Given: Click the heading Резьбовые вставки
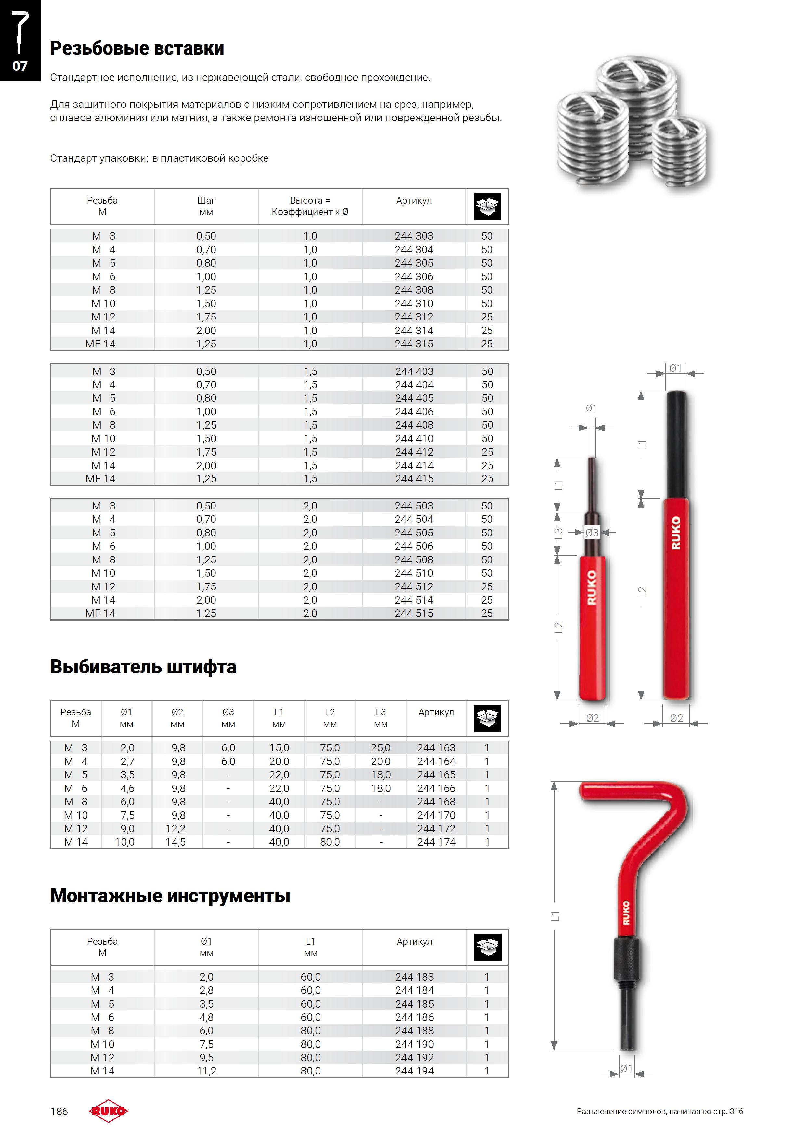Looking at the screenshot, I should pyautogui.click(x=137, y=48).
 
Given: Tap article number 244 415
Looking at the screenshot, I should pyautogui.click(x=414, y=478).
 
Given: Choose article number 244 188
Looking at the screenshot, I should pyautogui.click(x=414, y=1031).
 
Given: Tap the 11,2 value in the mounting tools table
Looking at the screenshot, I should pyautogui.click(x=206, y=1071).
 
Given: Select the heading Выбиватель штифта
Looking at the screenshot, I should pyautogui.click(x=143, y=667).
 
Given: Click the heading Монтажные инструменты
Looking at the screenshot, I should pyautogui.click(x=170, y=896).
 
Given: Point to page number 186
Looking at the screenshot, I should pyautogui.click(x=59, y=1111).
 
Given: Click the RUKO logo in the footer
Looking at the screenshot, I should pyautogui.click(x=108, y=1111).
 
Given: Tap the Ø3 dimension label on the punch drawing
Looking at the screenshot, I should pyautogui.click(x=592, y=533).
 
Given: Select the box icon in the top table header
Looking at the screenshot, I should pyautogui.click(x=487, y=207).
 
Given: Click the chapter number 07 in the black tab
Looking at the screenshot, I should pyautogui.click(x=20, y=66).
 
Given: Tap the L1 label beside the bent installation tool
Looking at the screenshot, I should pyautogui.click(x=555, y=916).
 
